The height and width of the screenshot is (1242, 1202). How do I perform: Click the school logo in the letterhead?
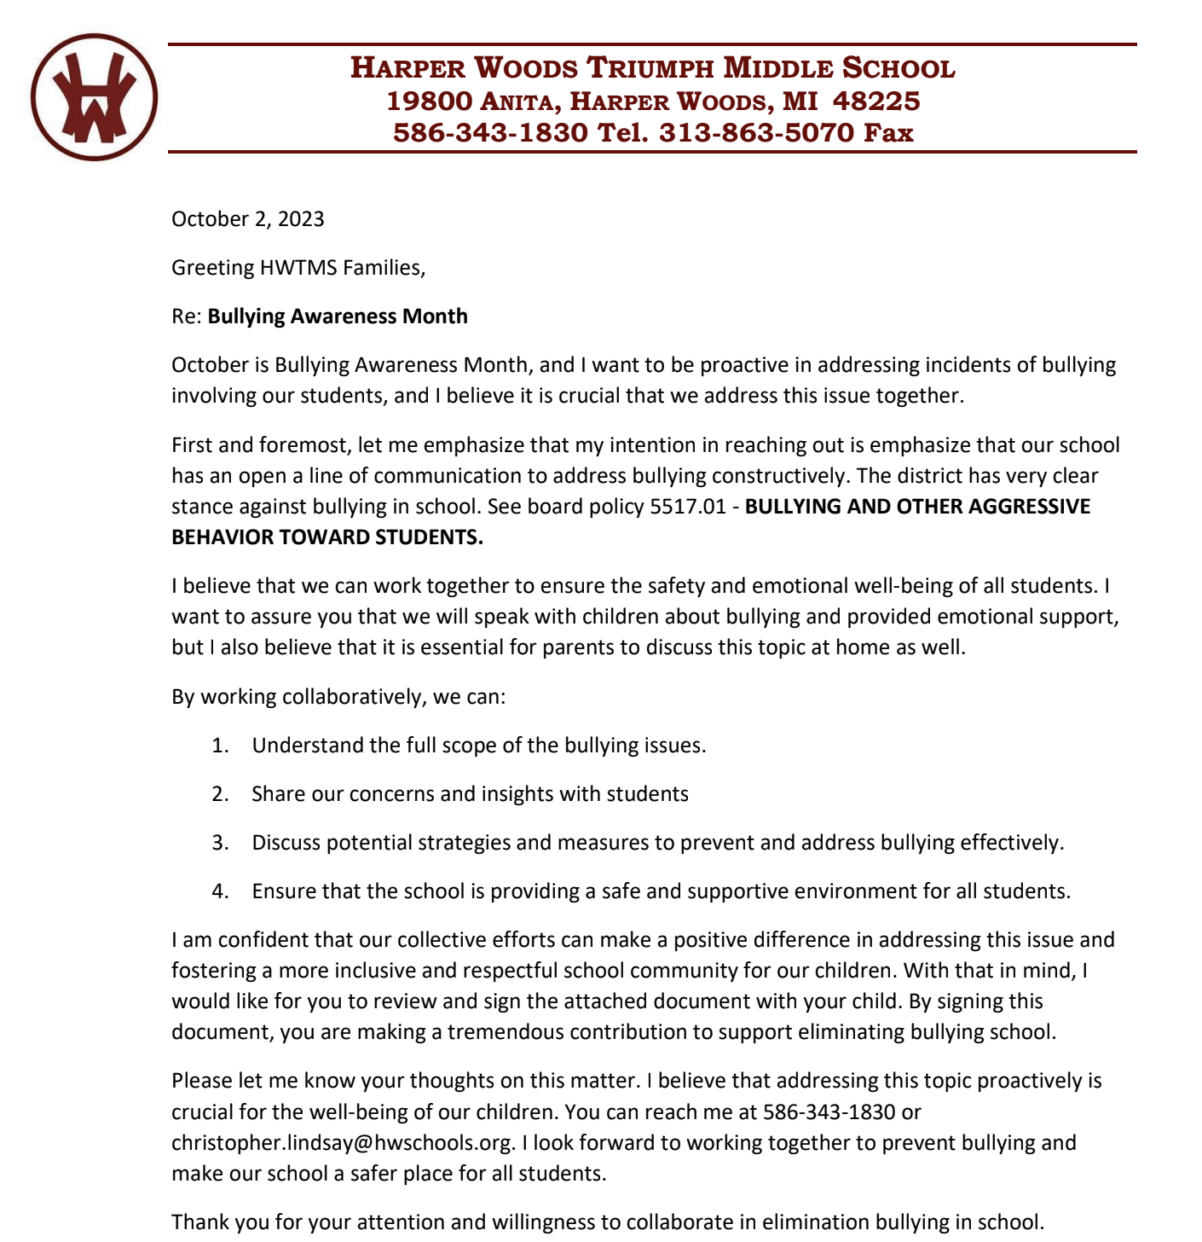click(x=94, y=96)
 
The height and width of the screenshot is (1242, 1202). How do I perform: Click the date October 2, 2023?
click(x=247, y=219)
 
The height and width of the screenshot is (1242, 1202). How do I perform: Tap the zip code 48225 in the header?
click(x=875, y=102)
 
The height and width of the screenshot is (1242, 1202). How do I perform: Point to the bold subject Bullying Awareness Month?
click(x=338, y=316)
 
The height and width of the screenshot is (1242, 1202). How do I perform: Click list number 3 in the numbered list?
click(x=221, y=843)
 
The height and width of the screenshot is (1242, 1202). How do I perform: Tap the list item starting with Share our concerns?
click(x=470, y=794)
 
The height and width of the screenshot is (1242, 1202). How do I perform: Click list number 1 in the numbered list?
click(x=221, y=746)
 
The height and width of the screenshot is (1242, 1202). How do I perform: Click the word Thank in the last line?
click(x=199, y=1222)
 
